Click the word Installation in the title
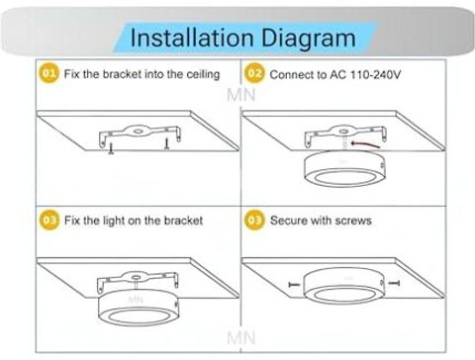[192, 38]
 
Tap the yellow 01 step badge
[49, 73]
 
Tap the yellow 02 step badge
[254, 73]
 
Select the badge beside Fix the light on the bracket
[49, 220]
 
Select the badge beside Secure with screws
[254, 220]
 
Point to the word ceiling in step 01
[203, 75]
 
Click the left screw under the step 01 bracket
[111, 148]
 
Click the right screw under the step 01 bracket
[167, 143]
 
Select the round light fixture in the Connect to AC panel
[344, 168]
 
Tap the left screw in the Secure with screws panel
[294, 284]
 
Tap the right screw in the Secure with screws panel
[394, 283]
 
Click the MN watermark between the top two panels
[241, 95]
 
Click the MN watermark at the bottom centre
[241, 338]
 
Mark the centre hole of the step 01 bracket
[139, 132]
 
